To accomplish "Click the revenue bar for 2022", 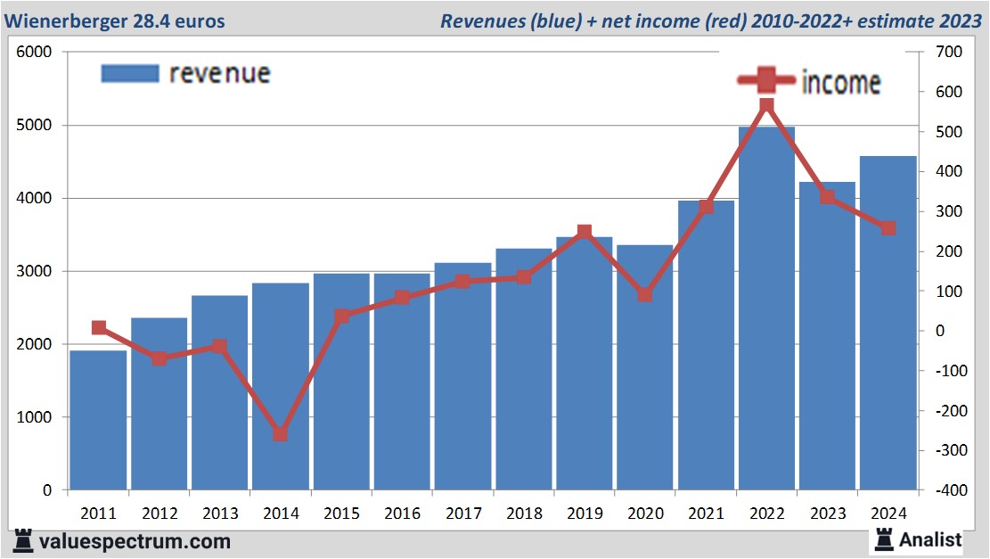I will (x=766, y=312).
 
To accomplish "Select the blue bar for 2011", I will (x=98, y=419).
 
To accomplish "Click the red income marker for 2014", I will (x=281, y=434).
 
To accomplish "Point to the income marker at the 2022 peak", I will (x=766, y=107).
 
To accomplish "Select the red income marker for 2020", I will (x=644, y=294).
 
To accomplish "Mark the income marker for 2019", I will (x=584, y=233).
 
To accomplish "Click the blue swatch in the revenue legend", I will (x=130, y=73).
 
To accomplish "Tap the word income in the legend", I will (x=841, y=82).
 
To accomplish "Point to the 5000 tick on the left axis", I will (x=36, y=126).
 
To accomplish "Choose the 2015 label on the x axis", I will (x=341, y=514).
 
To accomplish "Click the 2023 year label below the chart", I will (x=827, y=514).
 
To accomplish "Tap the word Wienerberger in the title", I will (x=67, y=21).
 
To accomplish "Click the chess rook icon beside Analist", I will (x=885, y=539).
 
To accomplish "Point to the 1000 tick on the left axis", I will (x=36, y=417).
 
